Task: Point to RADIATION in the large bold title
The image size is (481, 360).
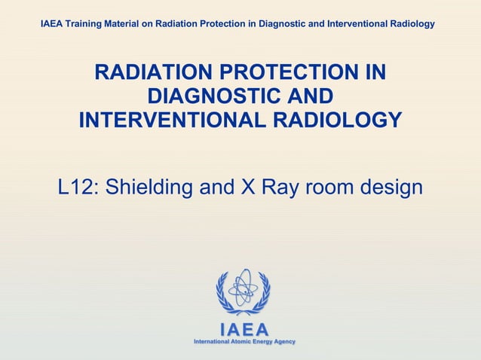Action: pyautogui.click(x=152, y=74)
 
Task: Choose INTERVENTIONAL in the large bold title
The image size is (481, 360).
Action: pyautogui.click(x=178, y=121)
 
